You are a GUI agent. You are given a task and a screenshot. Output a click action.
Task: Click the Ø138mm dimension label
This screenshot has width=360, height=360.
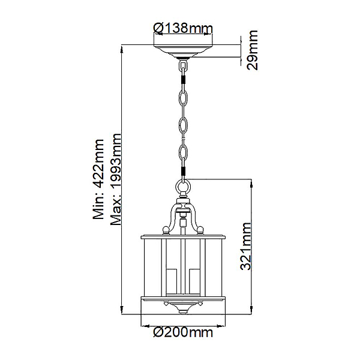click(x=183, y=28)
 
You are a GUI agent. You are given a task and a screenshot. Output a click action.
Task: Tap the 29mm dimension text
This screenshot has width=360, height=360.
click(x=252, y=50)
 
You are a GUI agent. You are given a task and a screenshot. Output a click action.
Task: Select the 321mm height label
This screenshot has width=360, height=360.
click(x=245, y=246)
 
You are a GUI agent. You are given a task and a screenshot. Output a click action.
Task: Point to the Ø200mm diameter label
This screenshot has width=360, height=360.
click(x=183, y=332)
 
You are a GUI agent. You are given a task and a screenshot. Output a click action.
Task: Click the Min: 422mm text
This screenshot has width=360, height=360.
click(x=98, y=179)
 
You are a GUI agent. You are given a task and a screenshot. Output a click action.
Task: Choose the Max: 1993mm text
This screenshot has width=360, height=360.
click(x=115, y=179)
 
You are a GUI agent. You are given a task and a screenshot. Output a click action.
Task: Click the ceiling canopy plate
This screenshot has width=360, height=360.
click(x=183, y=51)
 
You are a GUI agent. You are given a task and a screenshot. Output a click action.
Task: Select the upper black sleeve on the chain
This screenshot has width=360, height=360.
click(x=183, y=80)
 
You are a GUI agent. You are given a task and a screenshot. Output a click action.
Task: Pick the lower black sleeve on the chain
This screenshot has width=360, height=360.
click(x=183, y=171)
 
